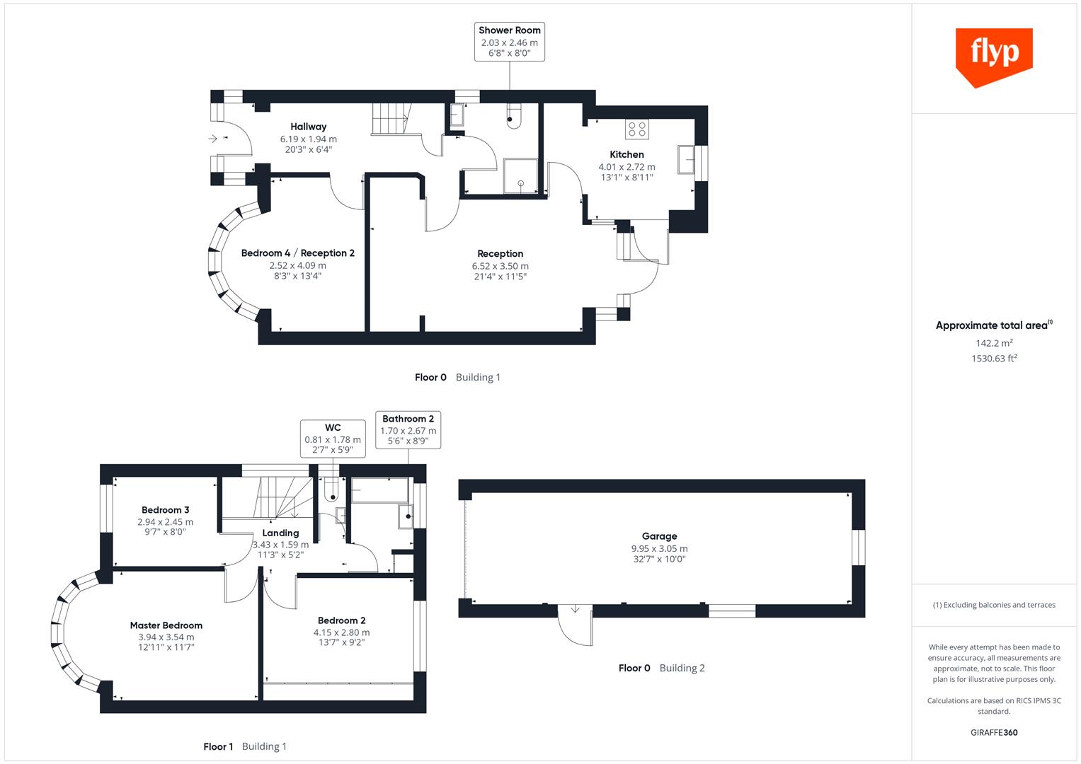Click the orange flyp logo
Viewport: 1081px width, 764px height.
pyautogui.click(x=994, y=55)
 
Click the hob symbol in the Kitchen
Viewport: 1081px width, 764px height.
pyautogui.click(x=636, y=129)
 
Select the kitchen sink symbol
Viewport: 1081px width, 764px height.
pyautogui.click(x=686, y=159)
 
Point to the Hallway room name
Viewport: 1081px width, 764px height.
pyautogui.click(x=308, y=127)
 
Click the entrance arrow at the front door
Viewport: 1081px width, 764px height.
pyautogui.click(x=213, y=139)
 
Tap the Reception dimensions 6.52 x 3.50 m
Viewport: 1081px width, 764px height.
pyautogui.click(x=500, y=266)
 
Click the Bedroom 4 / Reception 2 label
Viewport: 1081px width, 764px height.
pyautogui.click(x=297, y=253)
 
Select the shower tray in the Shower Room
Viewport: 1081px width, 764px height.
pyautogui.click(x=520, y=175)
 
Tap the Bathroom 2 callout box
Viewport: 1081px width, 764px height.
pyautogui.click(x=408, y=429)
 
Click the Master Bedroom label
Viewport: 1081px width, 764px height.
pyautogui.click(x=166, y=625)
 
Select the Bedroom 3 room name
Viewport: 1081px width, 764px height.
pyautogui.click(x=165, y=510)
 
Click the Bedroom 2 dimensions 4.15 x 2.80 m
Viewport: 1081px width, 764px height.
pyautogui.click(x=341, y=632)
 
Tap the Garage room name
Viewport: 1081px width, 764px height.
pyautogui.click(x=659, y=536)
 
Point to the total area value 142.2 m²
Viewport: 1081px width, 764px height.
pyautogui.click(x=993, y=343)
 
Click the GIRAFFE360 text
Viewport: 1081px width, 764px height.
pyautogui.click(x=993, y=732)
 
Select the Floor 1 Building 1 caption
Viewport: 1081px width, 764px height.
pyautogui.click(x=245, y=746)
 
